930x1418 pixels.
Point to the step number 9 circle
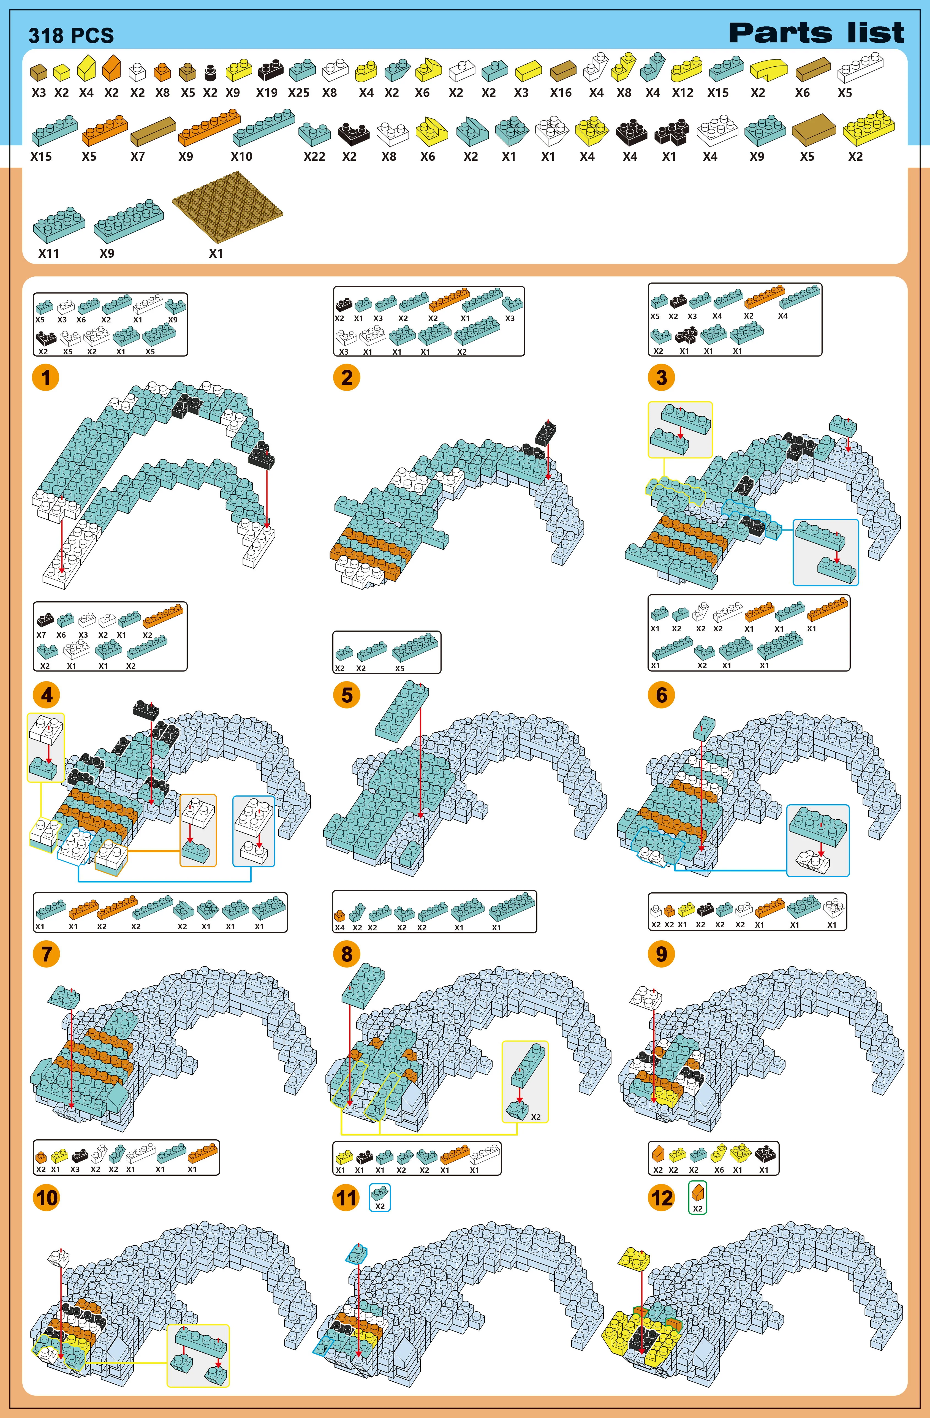tap(661, 954)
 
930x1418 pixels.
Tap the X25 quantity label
tap(298, 93)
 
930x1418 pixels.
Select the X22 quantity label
tap(314, 157)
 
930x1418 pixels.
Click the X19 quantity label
tap(267, 93)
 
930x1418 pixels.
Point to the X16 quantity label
tap(561, 93)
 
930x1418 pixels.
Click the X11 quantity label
tap(49, 253)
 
